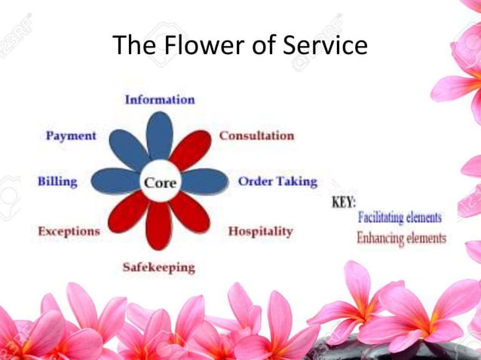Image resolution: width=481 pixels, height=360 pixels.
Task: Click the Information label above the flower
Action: tap(159, 99)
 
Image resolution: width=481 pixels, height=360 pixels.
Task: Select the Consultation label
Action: tap(256, 136)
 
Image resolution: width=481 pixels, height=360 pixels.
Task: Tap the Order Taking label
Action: tap(277, 182)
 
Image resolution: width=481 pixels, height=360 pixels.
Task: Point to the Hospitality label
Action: tap(260, 231)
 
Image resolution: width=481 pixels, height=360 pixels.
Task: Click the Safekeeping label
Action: tap(158, 267)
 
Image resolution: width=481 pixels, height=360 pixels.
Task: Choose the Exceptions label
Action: tap(69, 231)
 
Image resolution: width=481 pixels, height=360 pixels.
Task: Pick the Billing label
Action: tap(57, 182)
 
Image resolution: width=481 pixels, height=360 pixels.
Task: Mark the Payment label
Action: tap(71, 136)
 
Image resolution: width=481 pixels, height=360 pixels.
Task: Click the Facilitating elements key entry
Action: tap(400, 218)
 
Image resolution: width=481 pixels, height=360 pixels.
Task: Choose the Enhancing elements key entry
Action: tap(401, 238)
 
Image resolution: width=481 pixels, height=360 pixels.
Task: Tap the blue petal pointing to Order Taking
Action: tap(204, 181)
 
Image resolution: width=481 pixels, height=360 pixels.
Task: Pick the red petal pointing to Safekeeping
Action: tap(159, 226)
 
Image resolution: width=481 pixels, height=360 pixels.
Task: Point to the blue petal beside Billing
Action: tap(115, 182)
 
